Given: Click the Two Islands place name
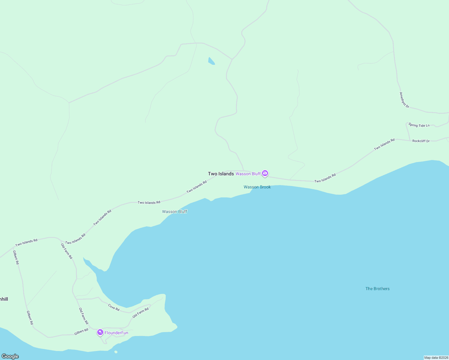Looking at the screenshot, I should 221,174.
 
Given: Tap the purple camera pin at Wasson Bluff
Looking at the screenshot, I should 265,173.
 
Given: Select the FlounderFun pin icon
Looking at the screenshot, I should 100,332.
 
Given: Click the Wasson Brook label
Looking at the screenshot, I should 257,187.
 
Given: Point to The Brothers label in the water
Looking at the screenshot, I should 377,289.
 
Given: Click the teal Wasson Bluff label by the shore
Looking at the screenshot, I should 174,211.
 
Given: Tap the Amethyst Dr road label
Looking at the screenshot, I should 404,100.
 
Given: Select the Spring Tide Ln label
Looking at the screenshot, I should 419,125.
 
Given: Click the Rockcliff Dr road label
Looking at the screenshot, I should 421,141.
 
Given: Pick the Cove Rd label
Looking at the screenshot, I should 114,307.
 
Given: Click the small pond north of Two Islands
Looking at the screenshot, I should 211,61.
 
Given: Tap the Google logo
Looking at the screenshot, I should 10,356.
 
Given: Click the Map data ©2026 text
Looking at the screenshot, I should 436,358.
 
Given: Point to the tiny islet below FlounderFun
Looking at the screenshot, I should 116,352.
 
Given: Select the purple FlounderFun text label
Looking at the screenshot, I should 116,333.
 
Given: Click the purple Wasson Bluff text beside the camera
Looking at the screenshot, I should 248,174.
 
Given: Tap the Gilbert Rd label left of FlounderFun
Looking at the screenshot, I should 81,332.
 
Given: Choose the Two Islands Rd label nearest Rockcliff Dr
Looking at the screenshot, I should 384,145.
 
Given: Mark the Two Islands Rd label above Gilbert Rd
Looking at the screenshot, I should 26,242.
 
